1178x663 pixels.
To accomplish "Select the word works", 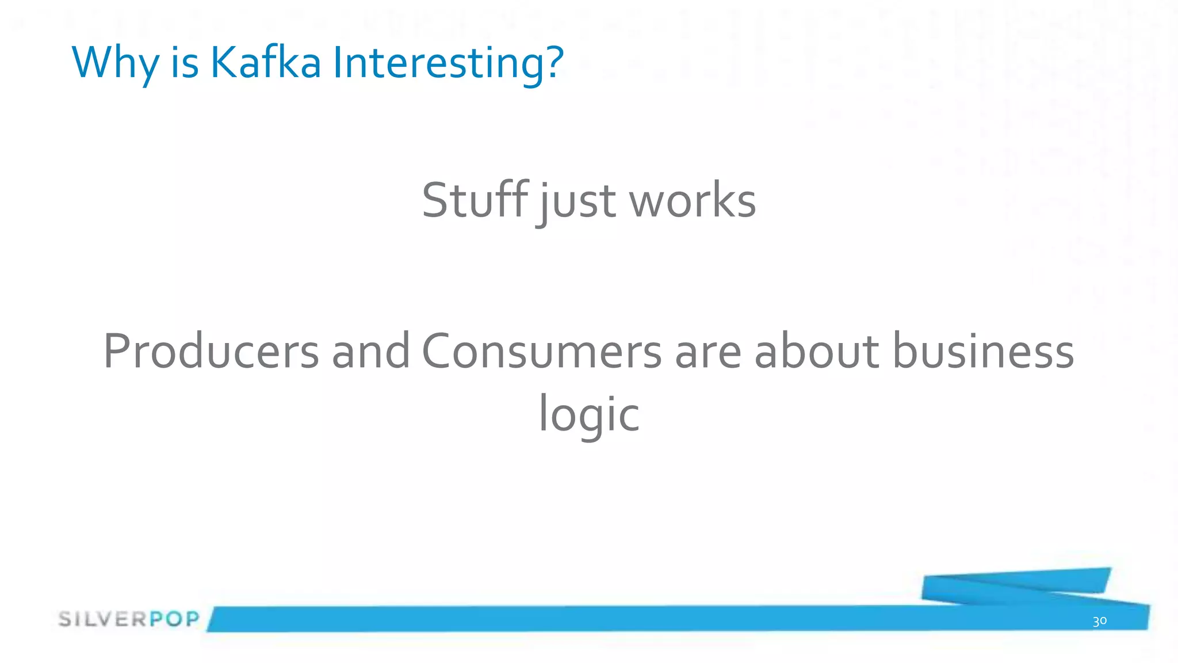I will [693, 201].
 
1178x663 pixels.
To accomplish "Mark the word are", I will [708, 352].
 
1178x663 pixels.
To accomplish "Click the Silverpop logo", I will [129, 619].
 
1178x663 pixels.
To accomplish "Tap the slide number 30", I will [1099, 621].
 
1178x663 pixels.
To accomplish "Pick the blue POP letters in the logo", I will [174, 619].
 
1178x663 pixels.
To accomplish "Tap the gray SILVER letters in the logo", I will [104, 619].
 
